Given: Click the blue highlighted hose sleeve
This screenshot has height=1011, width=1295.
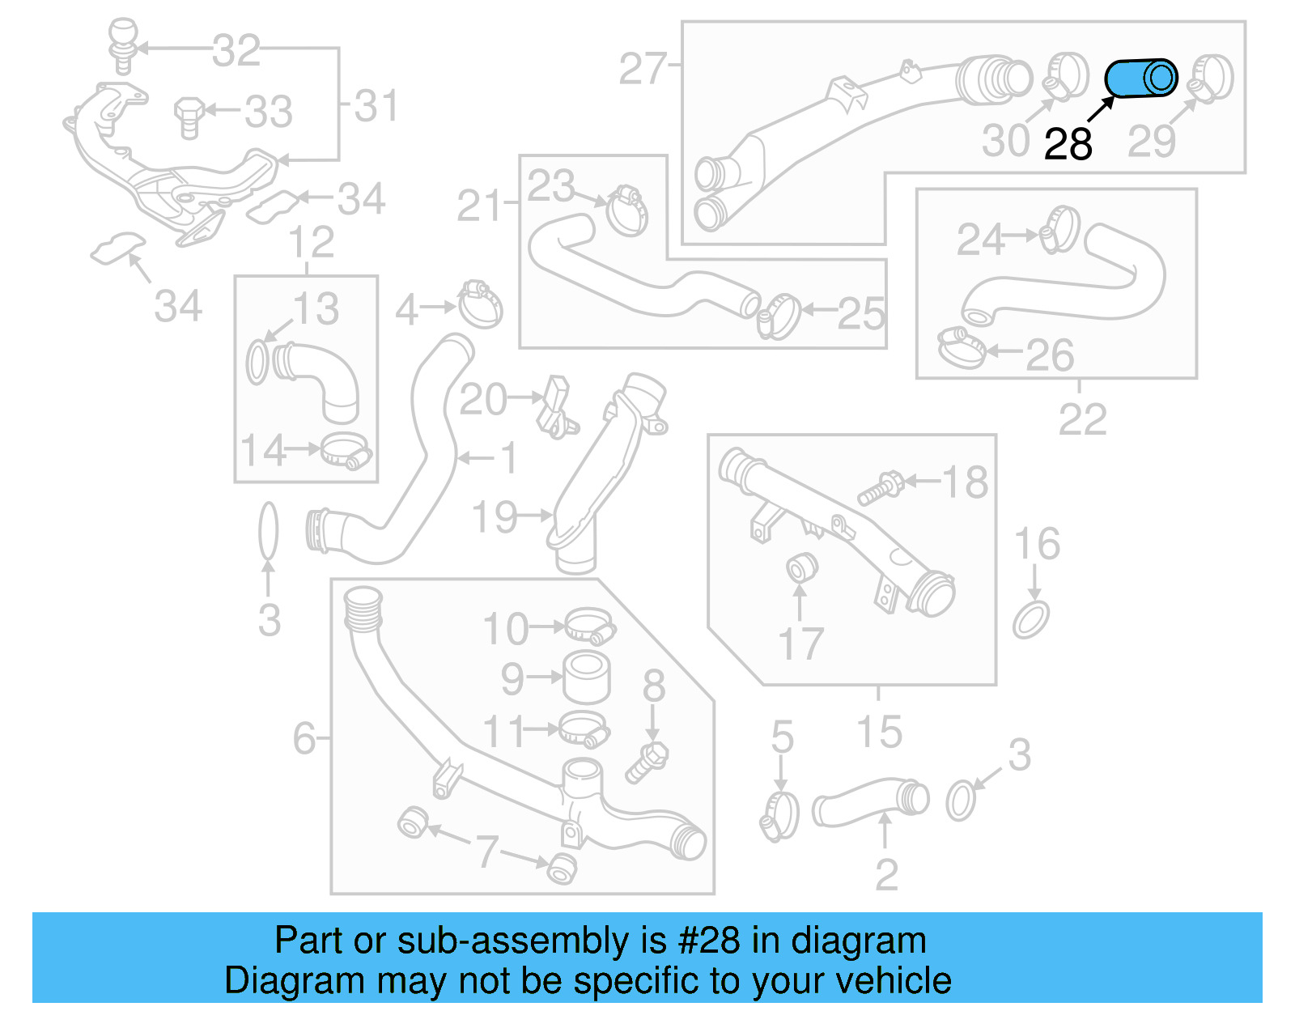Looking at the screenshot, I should [1140, 79].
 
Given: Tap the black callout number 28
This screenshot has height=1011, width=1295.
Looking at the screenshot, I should [1068, 145].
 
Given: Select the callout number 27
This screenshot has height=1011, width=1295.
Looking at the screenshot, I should [642, 69].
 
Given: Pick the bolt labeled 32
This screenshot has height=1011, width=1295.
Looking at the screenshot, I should [122, 45].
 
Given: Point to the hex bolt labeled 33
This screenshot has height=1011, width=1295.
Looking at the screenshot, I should [189, 117].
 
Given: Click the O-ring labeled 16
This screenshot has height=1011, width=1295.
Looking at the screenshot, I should [1031, 619].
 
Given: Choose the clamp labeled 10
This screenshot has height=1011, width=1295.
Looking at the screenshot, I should [589, 626].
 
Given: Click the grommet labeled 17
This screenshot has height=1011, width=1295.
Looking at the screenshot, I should [801, 567].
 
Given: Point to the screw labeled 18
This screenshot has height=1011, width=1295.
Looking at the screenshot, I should [881, 488].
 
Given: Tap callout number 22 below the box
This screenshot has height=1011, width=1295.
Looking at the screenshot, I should [1081, 418].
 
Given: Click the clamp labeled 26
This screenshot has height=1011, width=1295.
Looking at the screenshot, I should [961, 348].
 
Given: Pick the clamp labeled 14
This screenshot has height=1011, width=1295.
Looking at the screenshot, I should [346, 450].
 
